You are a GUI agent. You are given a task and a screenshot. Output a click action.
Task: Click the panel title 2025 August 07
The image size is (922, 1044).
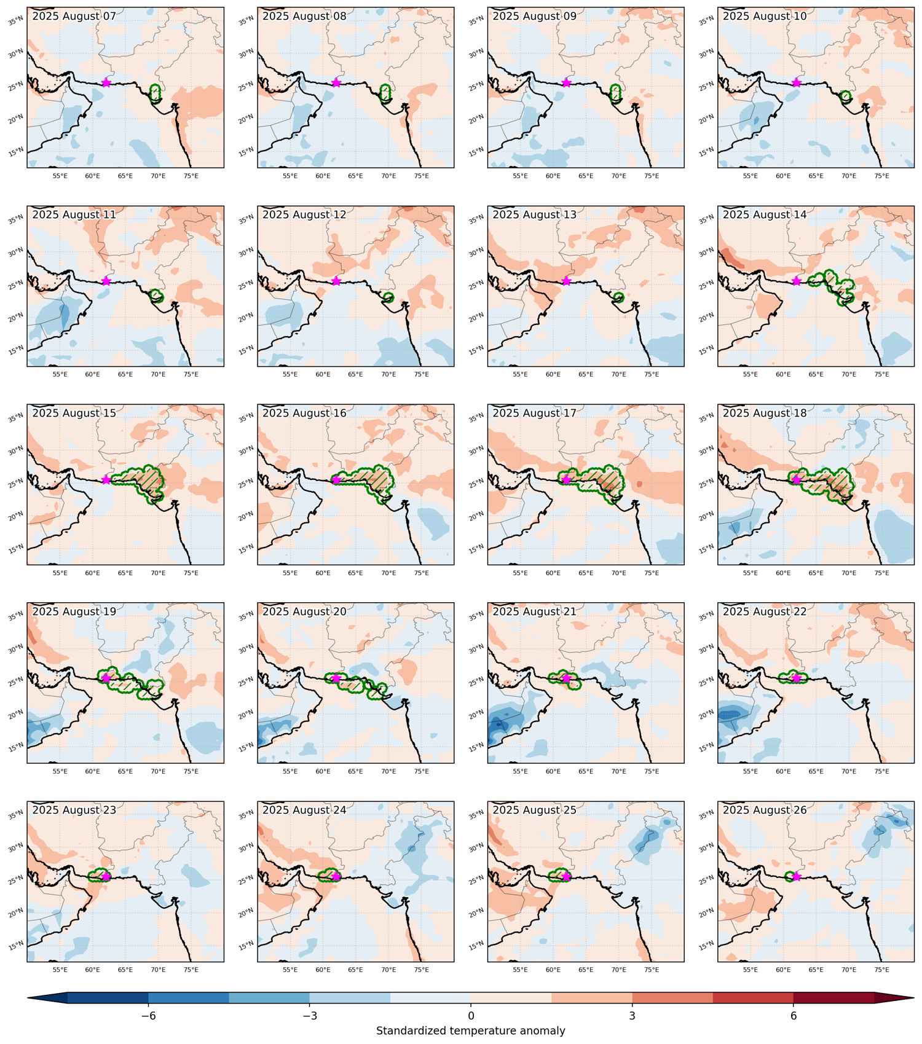[x=74, y=17]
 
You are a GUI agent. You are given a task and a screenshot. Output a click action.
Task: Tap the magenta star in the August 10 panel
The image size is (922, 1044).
[x=797, y=82]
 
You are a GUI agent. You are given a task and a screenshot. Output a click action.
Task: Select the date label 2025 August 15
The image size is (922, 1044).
[x=74, y=414]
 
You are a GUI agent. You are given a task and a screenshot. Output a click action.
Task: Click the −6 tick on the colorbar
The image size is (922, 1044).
[x=148, y=1016]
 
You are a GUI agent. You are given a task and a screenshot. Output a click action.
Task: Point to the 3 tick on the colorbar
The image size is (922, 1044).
[x=632, y=1016]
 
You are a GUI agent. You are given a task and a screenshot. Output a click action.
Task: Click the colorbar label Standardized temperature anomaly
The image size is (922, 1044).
[x=471, y=1031]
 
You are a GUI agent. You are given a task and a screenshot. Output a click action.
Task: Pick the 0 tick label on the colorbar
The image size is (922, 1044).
[x=471, y=1016]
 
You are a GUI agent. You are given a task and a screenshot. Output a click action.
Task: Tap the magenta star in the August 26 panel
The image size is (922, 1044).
[x=797, y=877]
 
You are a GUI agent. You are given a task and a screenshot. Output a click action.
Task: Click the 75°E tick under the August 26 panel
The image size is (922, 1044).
[x=881, y=970]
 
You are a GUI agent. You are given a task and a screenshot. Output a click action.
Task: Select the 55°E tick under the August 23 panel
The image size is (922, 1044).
[x=60, y=970]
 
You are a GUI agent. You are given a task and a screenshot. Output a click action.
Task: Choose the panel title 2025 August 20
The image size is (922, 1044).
[x=304, y=612]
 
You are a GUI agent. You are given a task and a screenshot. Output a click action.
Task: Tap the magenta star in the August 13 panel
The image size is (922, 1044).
[x=566, y=281]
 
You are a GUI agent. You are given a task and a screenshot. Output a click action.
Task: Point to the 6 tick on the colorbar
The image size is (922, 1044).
[x=794, y=1016]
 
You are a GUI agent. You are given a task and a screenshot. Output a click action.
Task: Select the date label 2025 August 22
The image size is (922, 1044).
[x=765, y=612]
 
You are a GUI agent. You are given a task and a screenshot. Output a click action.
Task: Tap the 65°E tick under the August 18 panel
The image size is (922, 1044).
[x=816, y=573]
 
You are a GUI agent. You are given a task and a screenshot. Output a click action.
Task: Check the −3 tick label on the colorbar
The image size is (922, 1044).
[x=310, y=1016]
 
